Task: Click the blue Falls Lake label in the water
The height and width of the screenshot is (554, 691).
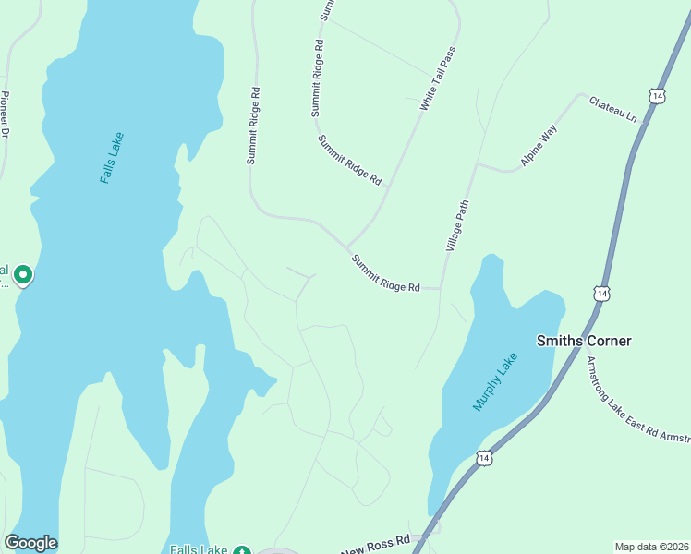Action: point(112,158)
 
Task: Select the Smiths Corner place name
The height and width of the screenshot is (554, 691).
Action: point(584,341)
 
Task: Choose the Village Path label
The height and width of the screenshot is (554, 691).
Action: point(457,225)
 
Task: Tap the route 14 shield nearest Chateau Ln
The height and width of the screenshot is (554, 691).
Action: point(657,95)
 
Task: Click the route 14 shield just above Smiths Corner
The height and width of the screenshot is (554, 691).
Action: point(601,293)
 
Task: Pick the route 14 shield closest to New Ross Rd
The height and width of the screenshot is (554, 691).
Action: point(484,457)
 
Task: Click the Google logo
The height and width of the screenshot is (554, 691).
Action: point(30,543)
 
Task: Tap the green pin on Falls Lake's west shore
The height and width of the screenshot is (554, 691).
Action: point(23,275)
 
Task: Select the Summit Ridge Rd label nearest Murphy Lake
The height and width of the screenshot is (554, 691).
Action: point(385,273)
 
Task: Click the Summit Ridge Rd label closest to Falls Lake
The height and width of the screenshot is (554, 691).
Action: point(251,126)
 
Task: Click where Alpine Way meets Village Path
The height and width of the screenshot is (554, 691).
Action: point(477,166)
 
